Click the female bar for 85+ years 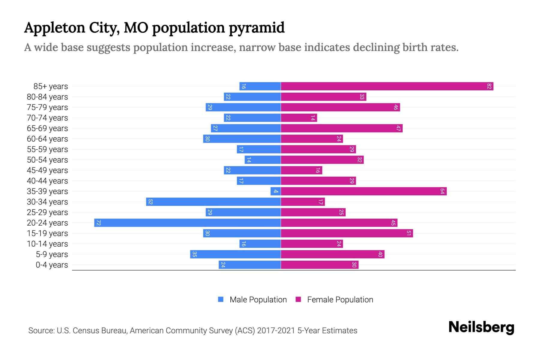pos(387,86)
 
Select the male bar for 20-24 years pos(187,223)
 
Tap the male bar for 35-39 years pos(276,191)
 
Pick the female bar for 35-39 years pos(364,191)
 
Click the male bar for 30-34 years pos(213,202)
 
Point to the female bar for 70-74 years pos(299,118)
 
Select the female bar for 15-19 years pos(347,233)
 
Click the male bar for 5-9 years pos(235,254)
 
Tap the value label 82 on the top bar pos(489,86)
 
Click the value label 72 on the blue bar pos(98,223)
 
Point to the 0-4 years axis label pos(52,265)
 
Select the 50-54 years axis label pos(47,160)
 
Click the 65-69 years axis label pos(47,128)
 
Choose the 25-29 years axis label pos(47,212)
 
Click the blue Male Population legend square pos(221,299)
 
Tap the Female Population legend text pos(340,300)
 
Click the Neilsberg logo pos(481,327)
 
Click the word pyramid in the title pos(256,28)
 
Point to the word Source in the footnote pos(41,331)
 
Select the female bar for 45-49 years pos(301,170)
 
